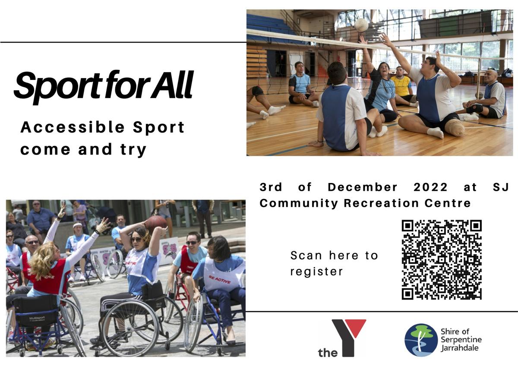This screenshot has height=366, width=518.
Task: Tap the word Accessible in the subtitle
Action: [x=73, y=127]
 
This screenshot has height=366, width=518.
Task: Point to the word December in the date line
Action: [x=362, y=187]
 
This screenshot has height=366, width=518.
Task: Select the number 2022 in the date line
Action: [x=430, y=187]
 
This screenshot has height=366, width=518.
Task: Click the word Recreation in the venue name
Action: [x=381, y=203]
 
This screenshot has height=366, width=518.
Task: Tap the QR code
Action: [x=442, y=260]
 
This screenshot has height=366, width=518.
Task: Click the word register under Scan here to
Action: [x=316, y=272]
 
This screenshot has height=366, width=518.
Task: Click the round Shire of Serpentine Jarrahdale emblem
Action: [x=421, y=340]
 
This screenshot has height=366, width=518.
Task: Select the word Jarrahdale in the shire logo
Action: [x=459, y=348]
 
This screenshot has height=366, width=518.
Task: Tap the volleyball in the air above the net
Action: [x=361, y=25]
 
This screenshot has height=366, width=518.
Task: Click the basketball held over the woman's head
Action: [x=156, y=224]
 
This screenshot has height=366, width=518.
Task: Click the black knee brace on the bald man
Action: [x=474, y=109]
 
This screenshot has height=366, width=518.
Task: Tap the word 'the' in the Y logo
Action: [x=328, y=353]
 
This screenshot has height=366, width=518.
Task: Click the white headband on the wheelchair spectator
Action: [x=78, y=225]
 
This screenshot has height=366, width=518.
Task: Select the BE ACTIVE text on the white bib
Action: [x=219, y=280]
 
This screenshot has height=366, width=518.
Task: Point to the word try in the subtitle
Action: [x=133, y=150]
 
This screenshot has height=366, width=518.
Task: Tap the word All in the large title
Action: [x=172, y=85]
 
